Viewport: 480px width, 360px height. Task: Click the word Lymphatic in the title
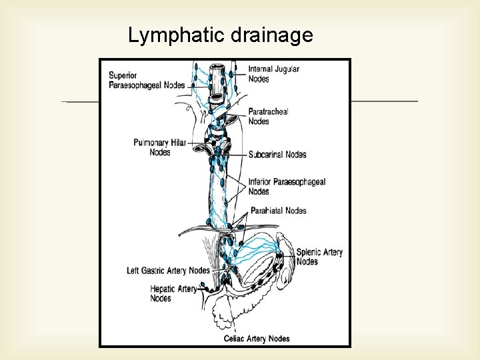177,35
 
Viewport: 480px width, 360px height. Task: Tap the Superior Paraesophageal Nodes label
147,80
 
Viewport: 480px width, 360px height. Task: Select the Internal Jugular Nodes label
273,74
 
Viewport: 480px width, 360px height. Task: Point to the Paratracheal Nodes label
268,117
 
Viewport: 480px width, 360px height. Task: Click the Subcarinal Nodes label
277,155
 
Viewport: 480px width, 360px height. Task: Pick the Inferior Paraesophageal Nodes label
287,187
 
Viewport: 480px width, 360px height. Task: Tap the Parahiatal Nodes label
279,211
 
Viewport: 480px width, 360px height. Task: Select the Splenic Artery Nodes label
319,257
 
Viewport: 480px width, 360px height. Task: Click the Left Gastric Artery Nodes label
168,271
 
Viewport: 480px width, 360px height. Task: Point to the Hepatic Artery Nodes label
173,293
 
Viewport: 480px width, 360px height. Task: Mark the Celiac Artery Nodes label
257,339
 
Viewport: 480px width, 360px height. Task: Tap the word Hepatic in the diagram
163,289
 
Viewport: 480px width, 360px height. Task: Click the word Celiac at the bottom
234,339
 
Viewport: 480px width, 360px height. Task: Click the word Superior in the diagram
124,75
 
